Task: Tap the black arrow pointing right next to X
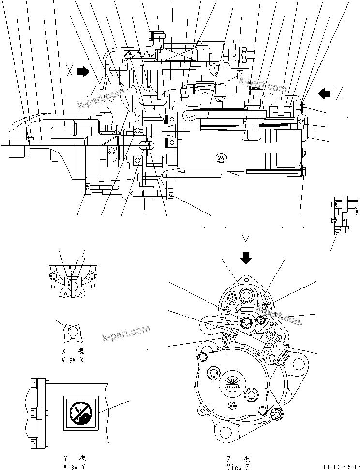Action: (x=84, y=72)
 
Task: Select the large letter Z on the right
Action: (x=339, y=94)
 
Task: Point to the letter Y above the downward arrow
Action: (x=246, y=241)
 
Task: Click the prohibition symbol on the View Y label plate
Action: (x=80, y=413)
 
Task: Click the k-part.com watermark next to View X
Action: (x=126, y=334)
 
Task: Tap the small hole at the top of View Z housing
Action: (x=247, y=280)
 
